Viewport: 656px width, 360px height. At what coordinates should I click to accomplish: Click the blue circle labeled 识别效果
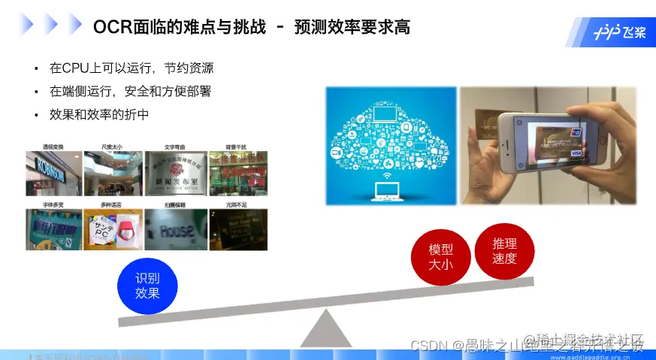click(147, 286)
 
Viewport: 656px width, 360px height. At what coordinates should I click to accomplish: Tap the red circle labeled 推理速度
click(504, 251)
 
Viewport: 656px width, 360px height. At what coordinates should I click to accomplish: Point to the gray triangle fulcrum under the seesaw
click(325, 331)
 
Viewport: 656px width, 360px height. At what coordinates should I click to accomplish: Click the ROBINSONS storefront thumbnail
click(53, 169)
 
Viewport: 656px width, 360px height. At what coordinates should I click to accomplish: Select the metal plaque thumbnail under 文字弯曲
click(175, 169)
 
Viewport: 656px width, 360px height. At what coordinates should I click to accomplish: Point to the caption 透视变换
click(53, 147)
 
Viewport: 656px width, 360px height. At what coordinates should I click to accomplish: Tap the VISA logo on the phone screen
click(576, 153)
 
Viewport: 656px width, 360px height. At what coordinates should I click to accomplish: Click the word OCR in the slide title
click(112, 28)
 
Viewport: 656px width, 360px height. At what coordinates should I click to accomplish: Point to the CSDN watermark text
click(428, 345)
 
